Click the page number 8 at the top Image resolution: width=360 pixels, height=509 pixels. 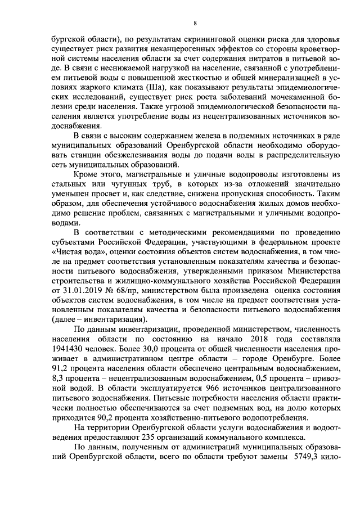(195, 23)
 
